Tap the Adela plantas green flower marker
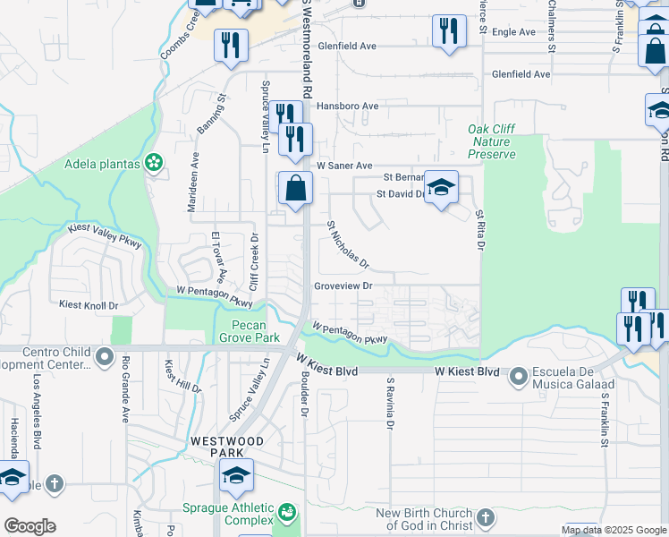pyautogui.click(x=154, y=162)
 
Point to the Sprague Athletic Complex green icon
pyautogui.click(x=286, y=513)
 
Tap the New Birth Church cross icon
pyautogui.click(x=485, y=517)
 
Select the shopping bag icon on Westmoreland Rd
pyautogui.click(x=294, y=189)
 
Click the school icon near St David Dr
pyautogui.click(x=441, y=187)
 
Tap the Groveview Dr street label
pyautogui.click(x=343, y=286)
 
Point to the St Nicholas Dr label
pyautogui.click(x=347, y=244)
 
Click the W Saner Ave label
pyautogui.click(x=343, y=166)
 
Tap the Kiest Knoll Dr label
pyautogui.click(x=89, y=305)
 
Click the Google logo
pyautogui.click(x=30, y=526)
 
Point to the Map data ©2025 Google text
pyautogui.click(x=613, y=530)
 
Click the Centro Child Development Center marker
pyautogui.click(x=105, y=358)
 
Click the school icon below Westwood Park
pyautogui.click(x=236, y=475)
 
